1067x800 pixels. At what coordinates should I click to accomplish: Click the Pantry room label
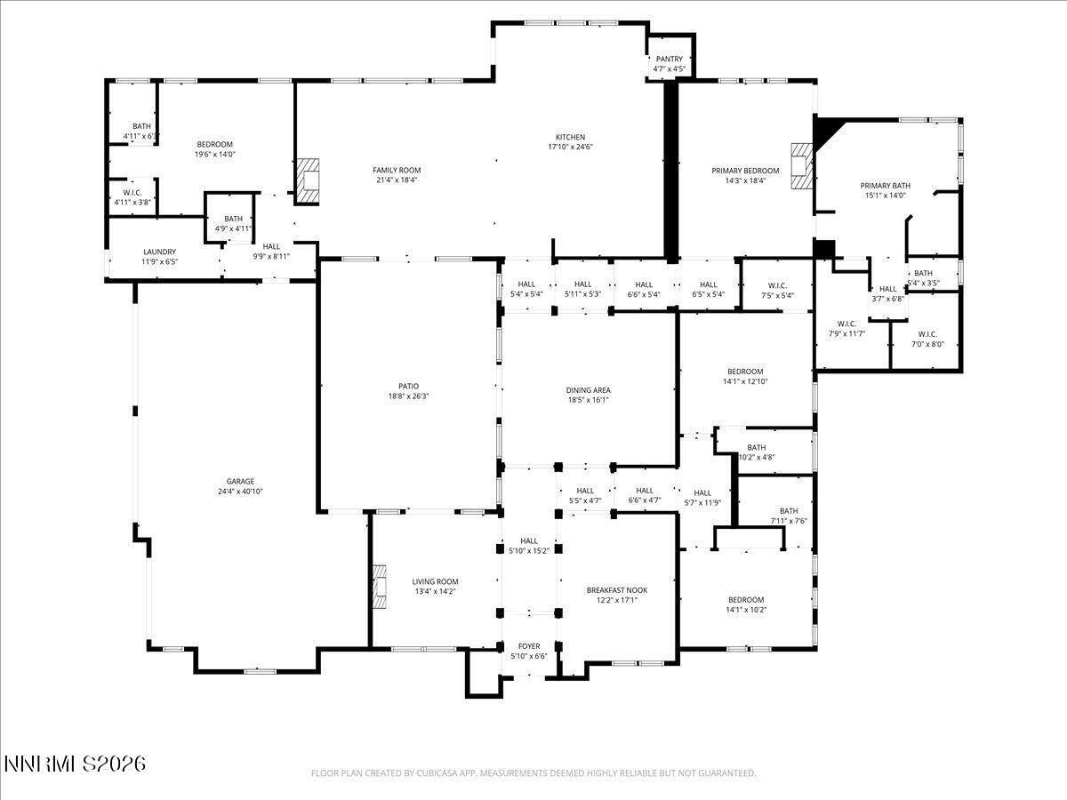click(x=670, y=59)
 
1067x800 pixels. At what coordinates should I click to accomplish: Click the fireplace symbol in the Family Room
click(x=308, y=181)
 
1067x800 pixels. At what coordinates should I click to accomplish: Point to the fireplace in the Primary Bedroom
click(x=802, y=167)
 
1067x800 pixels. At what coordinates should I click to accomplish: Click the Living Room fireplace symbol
click(x=380, y=588)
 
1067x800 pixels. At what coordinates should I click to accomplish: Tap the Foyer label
click(x=529, y=646)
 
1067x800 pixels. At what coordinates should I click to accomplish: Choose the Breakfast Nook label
click(x=616, y=590)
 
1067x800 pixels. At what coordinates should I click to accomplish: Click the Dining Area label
click(x=589, y=390)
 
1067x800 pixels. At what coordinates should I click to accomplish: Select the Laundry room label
click(x=160, y=252)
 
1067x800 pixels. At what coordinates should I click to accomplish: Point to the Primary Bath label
click(x=885, y=186)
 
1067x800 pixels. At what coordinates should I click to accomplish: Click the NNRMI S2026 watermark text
click(x=75, y=764)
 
